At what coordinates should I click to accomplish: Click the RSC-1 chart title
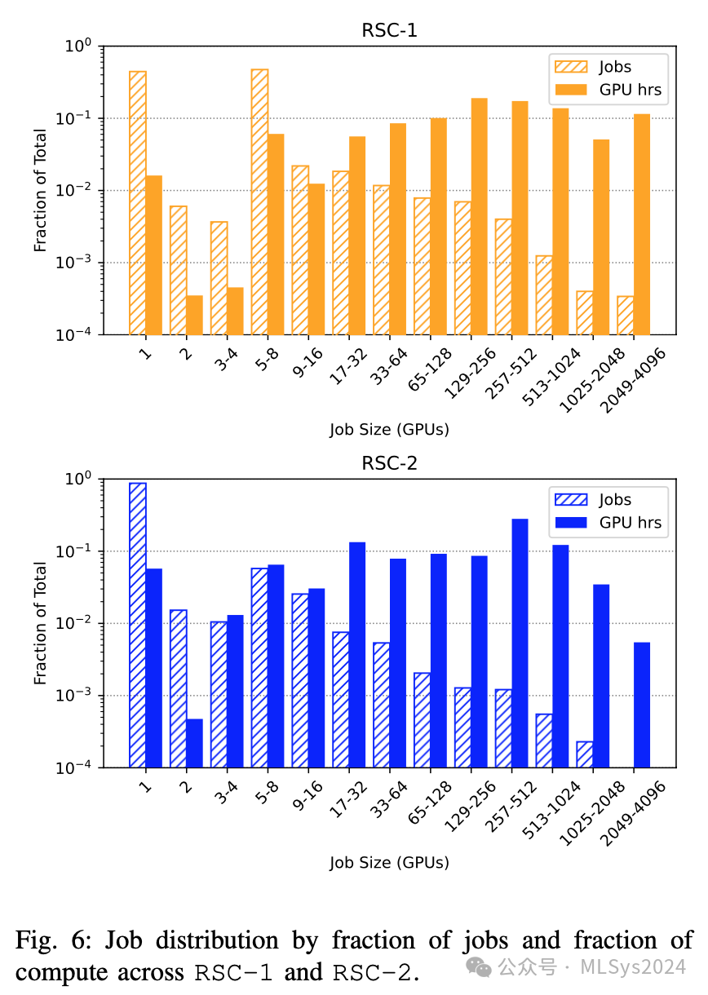[389, 31]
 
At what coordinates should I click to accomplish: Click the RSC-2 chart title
[389, 464]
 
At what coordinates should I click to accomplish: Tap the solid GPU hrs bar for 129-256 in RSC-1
[480, 216]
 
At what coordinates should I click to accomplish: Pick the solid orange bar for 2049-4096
[642, 224]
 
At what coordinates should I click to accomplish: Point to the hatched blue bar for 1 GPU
[138, 625]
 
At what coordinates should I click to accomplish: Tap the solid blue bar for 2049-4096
[642, 705]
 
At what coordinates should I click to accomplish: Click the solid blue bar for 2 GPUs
[194, 743]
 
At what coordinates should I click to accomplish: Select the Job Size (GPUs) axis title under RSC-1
[389, 429]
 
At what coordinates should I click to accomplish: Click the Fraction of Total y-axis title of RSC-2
[40, 623]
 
